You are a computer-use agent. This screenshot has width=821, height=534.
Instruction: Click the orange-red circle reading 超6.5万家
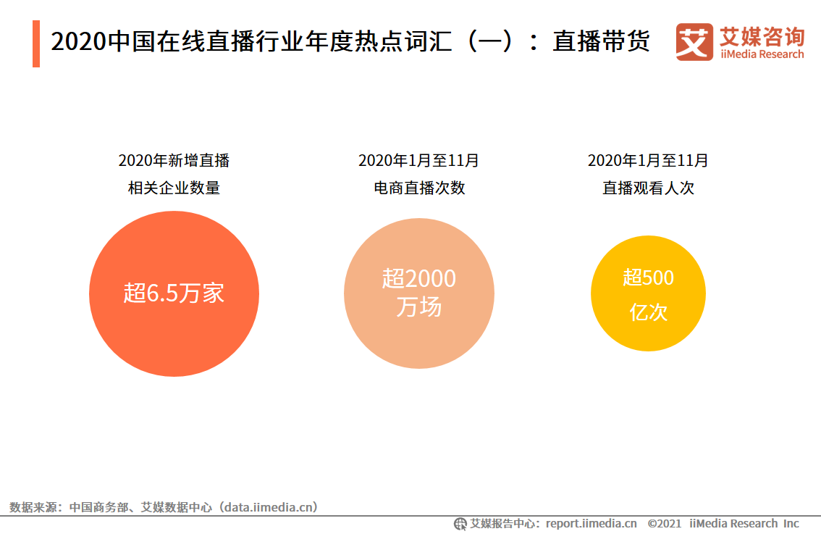(174, 293)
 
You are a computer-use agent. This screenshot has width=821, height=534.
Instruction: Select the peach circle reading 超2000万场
(418, 293)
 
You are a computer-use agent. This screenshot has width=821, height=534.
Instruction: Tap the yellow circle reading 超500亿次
(648, 293)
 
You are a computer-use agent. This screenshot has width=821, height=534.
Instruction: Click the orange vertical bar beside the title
(35, 43)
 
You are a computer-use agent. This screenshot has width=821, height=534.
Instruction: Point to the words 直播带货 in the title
(601, 42)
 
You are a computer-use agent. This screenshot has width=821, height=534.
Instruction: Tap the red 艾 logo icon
(694, 42)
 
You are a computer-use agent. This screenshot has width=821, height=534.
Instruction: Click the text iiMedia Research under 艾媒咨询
(762, 54)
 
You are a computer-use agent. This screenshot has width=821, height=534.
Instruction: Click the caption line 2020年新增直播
(174, 160)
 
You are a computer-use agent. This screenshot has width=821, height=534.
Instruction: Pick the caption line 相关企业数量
(174, 188)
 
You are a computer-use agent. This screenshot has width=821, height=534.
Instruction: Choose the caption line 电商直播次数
(418, 188)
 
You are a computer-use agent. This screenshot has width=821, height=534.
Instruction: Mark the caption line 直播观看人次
(648, 188)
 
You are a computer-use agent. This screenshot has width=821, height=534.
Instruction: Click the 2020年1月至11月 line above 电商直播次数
(418, 160)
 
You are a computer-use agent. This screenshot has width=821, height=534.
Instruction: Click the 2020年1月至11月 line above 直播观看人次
(648, 160)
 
